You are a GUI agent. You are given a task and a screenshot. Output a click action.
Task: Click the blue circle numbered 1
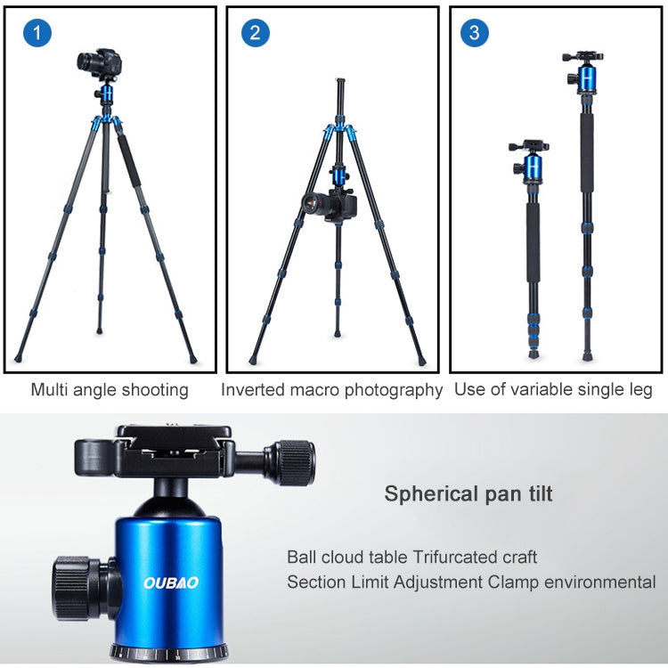(37, 33)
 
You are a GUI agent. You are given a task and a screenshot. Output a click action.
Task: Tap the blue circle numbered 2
(256, 33)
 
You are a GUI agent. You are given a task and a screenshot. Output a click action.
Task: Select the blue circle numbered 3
(474, 33)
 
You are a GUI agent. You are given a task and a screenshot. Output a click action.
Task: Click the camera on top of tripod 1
(100, 63)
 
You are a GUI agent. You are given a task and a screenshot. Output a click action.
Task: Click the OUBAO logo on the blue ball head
(171, 582)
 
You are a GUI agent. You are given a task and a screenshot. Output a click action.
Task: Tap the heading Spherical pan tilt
(468, 494)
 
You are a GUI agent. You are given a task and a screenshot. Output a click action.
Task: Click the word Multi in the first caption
(49, 389)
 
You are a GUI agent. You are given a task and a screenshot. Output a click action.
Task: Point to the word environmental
(599, 582)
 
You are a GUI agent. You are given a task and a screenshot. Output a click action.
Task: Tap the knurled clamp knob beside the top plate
(295, 463)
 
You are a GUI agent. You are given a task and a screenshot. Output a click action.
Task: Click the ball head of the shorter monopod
(530, 165)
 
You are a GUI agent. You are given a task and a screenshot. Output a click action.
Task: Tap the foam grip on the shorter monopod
(533, 241)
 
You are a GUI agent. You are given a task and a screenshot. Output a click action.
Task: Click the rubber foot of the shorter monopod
(534, 354)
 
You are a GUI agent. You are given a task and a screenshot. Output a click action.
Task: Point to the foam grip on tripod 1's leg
(129, 159)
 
